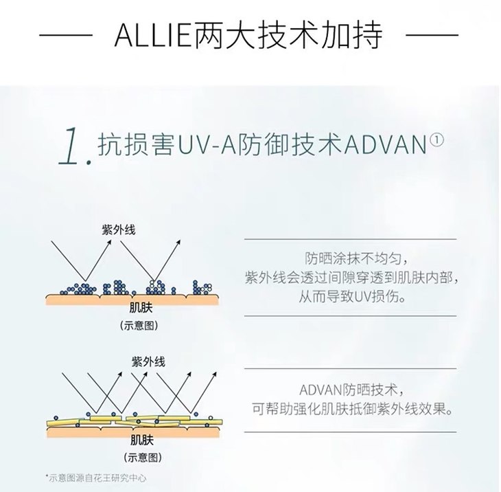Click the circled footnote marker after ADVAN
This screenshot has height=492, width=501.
pos(437,140)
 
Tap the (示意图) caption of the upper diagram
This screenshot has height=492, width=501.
pos(139,325)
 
